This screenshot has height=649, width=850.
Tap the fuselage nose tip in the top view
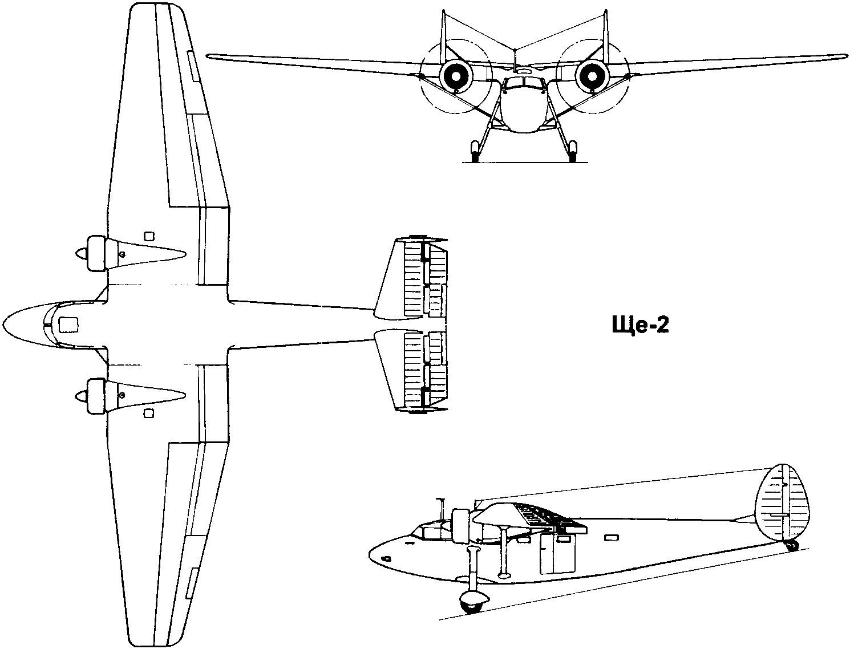coord(3,323)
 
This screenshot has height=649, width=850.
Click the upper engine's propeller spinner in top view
coord(81,253)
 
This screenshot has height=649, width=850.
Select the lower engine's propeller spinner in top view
coord(81,396)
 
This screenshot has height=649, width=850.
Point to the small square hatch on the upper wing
coord(149,236)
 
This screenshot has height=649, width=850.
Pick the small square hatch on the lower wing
coord(149,413)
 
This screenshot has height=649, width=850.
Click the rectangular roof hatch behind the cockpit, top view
coord(68,324)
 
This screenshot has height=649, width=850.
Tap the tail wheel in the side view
coord(791,546)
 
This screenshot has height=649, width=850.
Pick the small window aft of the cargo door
coord(611,538)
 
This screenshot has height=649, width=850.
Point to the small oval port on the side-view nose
coord(386,558)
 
